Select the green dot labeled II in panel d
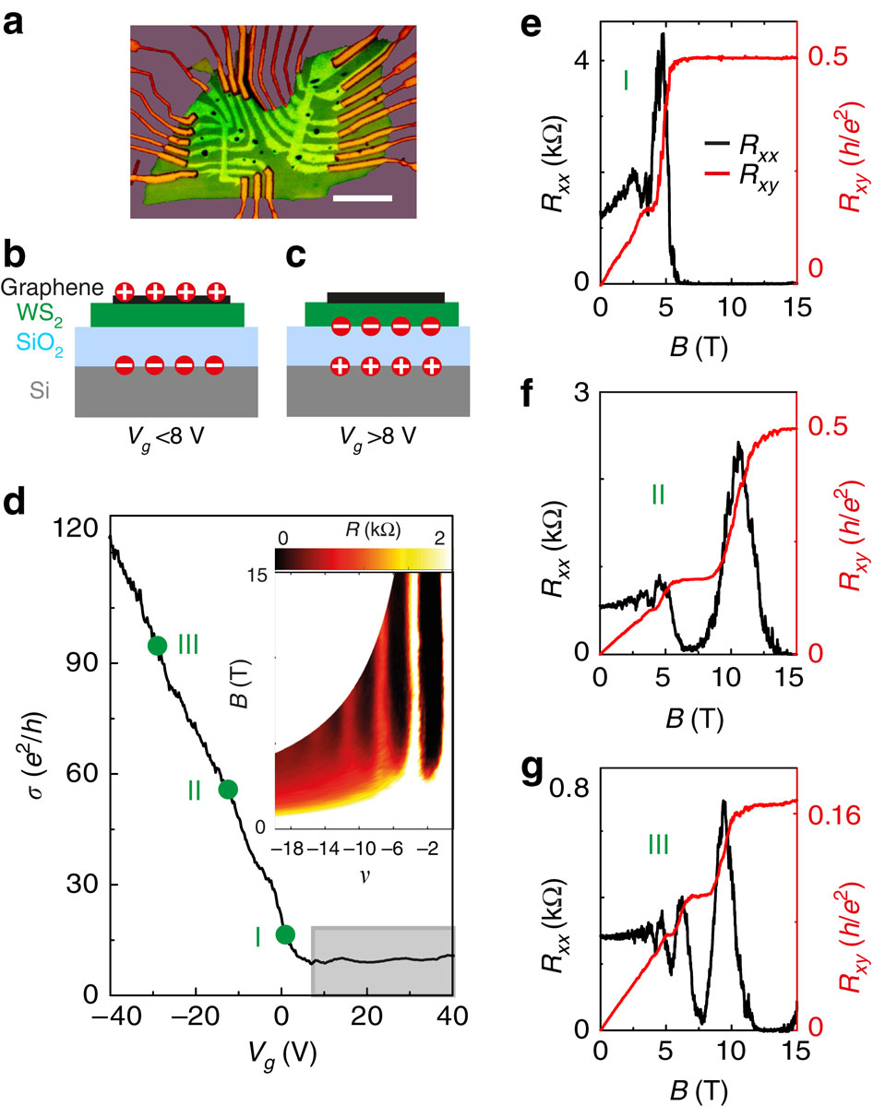tap(228, 789)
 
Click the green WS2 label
tap(26, 315)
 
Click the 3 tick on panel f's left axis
tap(580, 391)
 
